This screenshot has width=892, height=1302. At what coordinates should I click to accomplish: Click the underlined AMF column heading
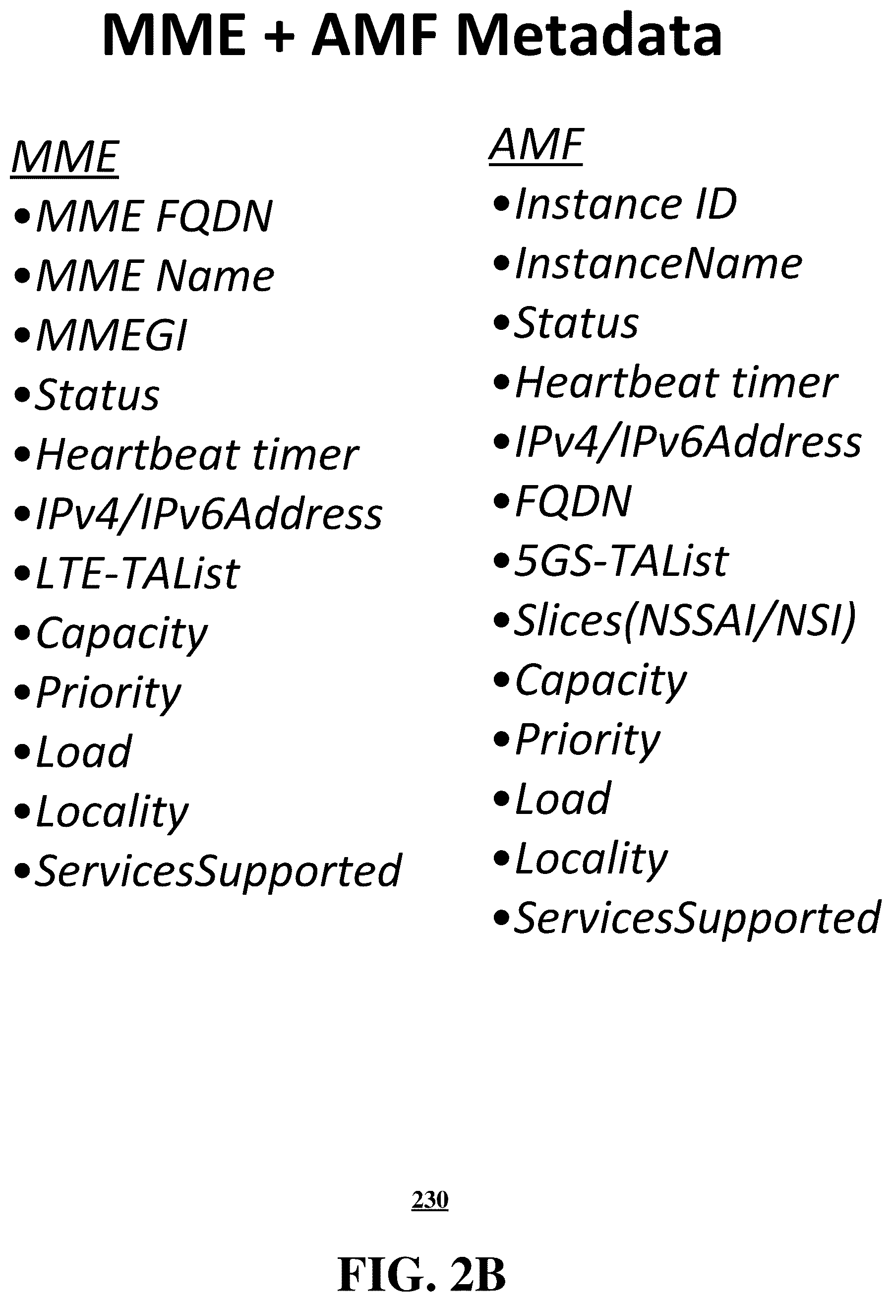(x=536, y=145)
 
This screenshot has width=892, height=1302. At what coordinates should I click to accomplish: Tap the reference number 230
(x=430, y=1200)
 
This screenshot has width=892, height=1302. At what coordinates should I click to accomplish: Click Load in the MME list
(x=83, y=752)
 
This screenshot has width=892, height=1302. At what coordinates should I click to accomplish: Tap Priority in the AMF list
(x=588, y=741)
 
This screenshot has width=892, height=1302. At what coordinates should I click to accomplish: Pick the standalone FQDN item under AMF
(x=573, y=501)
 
